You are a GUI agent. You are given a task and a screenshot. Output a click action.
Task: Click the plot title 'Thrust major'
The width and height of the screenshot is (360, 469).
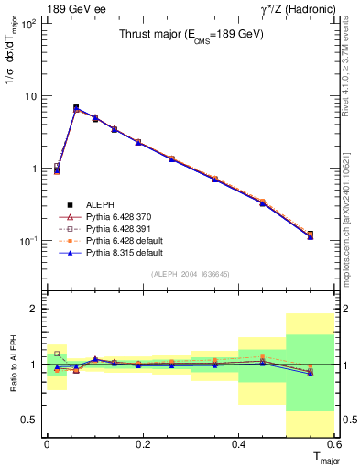coord(187,36)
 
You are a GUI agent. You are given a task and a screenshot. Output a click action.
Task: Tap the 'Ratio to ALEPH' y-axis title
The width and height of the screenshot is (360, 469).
coord(11,365)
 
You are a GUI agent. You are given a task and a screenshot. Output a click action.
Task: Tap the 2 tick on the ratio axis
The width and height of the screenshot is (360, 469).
coord(34,309)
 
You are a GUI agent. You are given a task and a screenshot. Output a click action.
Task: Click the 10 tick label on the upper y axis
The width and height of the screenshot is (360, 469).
coord(29,96)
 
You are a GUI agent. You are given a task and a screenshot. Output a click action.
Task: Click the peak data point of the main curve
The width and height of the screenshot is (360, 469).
coord(76,108)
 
